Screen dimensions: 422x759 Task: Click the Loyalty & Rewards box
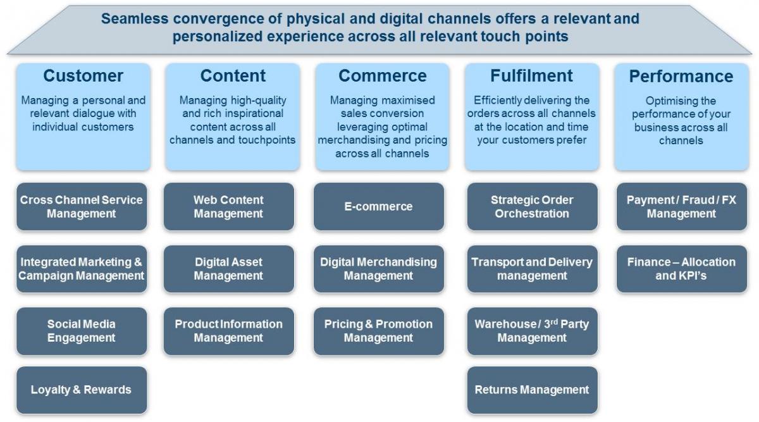81,390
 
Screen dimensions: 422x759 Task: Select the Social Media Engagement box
81,331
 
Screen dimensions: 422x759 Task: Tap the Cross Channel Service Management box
81,206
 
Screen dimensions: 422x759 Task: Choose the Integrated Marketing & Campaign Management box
81,269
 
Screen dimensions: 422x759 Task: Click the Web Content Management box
228,206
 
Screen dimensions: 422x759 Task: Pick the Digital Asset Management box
228,269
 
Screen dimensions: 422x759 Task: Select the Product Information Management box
228,331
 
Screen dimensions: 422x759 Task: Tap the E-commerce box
378,206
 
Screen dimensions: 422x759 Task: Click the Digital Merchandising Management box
378,269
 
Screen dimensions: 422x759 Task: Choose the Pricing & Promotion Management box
378,331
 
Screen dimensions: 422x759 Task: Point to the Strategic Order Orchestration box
532,206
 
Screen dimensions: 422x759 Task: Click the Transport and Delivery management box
532,269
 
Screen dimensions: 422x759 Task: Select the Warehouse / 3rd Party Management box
532,331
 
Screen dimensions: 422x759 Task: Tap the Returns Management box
532,390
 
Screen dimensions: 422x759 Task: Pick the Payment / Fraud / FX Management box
681,206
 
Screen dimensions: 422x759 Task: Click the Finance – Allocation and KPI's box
681,269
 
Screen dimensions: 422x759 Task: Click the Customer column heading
83,76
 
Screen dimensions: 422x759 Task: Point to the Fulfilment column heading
531,76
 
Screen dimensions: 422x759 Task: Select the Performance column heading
681,77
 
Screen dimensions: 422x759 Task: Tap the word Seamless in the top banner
132,19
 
